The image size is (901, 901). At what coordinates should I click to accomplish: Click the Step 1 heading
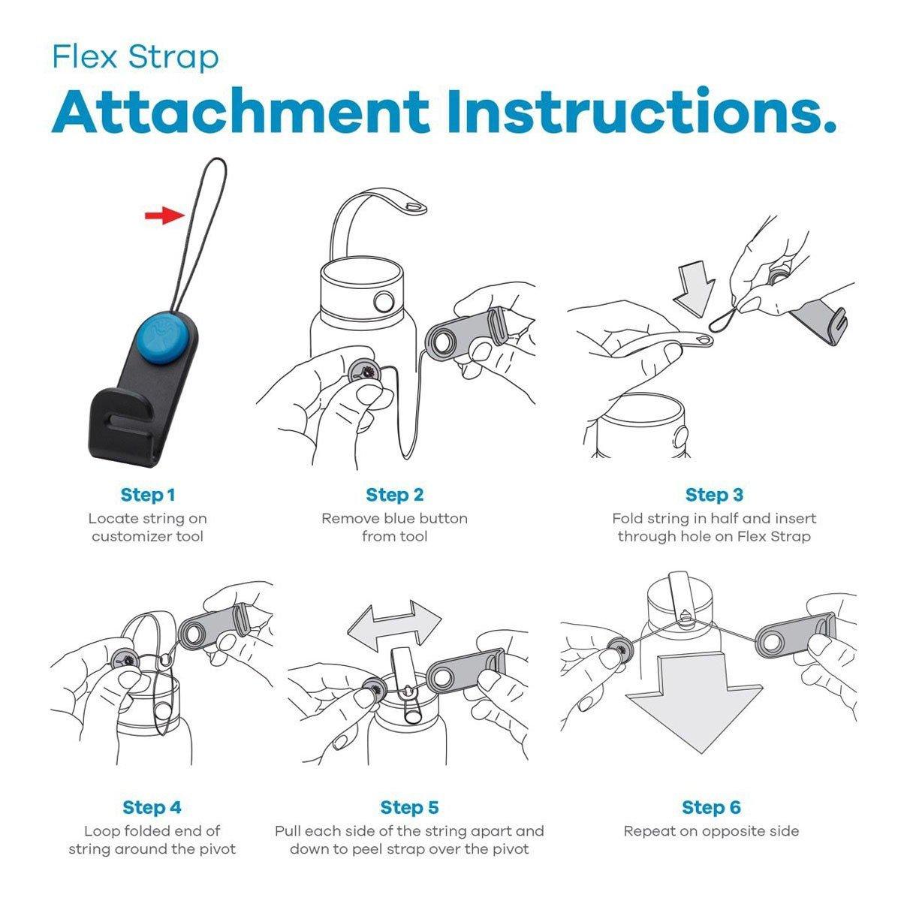(x=148, y=495)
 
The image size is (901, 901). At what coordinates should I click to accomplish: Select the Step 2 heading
(x=395, y=495)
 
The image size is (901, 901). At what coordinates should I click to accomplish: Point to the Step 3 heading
(x=714, y=495)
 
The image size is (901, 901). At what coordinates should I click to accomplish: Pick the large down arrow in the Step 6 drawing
(x=695, y=702)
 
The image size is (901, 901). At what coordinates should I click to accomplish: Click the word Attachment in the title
(x=240, y=111)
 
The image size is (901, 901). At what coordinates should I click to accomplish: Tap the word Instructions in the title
(x=641, y=111)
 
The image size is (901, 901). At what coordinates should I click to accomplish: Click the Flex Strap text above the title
(x=136, y=57)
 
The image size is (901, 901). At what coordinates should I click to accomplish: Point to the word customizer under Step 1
(x=132, y=536)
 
